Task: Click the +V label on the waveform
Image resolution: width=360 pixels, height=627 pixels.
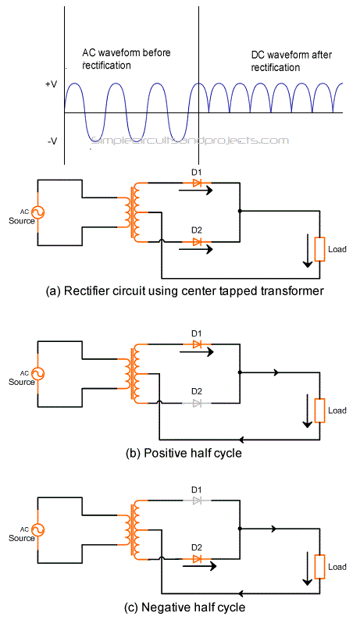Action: (x=51, y=84)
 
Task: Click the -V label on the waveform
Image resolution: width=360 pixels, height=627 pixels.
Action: (x=52, y=141)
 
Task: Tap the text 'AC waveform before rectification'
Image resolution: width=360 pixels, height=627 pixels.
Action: (x=127, y=59)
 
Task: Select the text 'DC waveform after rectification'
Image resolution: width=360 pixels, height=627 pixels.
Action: (x=291, y=61)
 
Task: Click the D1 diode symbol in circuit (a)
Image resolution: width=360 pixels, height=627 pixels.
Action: (x=197, y=183)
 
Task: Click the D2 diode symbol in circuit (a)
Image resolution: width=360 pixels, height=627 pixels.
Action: (x=197, y=241)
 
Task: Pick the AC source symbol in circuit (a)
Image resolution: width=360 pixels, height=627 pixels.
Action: (x=37, y=212)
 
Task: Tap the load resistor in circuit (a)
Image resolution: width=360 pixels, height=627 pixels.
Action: (x=319, y=250)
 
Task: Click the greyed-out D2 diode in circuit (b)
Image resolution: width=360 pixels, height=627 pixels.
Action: (x=197, y=403)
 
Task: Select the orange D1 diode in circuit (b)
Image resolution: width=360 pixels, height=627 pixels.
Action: (x=197, y=344)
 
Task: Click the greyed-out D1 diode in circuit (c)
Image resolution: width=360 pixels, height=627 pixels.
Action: (x=197, y=501)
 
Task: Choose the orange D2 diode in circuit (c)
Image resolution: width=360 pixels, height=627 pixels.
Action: (x=197, y=559)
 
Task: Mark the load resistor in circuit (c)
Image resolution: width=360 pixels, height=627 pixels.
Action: (x=319, y=567)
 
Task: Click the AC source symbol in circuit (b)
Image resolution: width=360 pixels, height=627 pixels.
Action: (x=37, y=374)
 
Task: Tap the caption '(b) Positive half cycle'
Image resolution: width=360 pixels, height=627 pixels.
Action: (x=184, y=454)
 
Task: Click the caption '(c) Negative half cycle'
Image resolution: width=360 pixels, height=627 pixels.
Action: (x=184, y=607)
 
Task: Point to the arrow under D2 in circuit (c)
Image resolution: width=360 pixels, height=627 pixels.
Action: (x=199, y=566)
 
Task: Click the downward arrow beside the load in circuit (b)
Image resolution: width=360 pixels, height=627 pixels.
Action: (x=307, y=411)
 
